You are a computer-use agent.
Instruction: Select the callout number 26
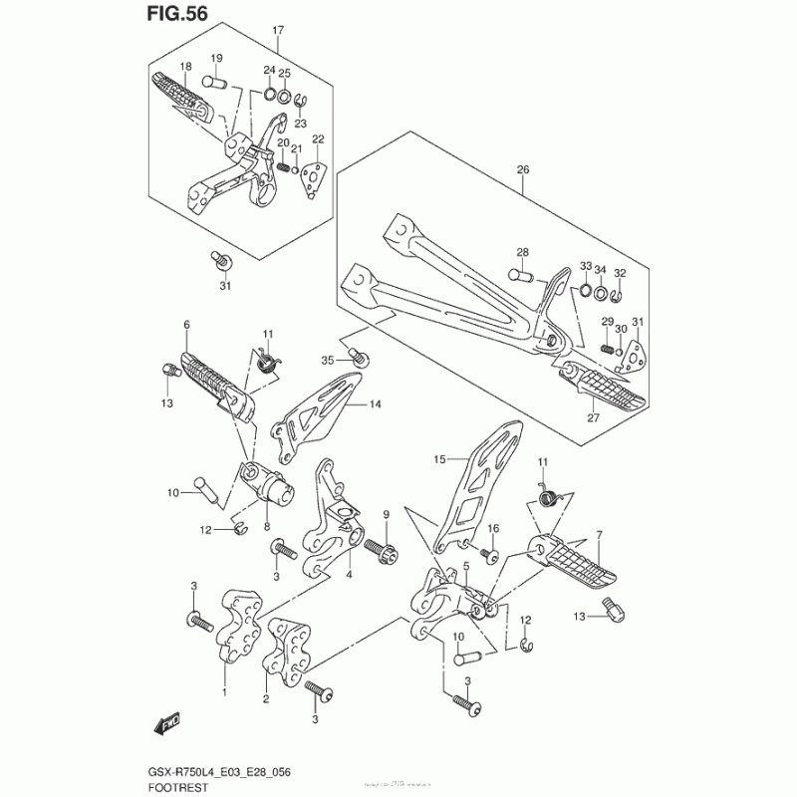523,169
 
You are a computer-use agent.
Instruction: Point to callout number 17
278,31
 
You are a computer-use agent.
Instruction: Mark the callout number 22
319,139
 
